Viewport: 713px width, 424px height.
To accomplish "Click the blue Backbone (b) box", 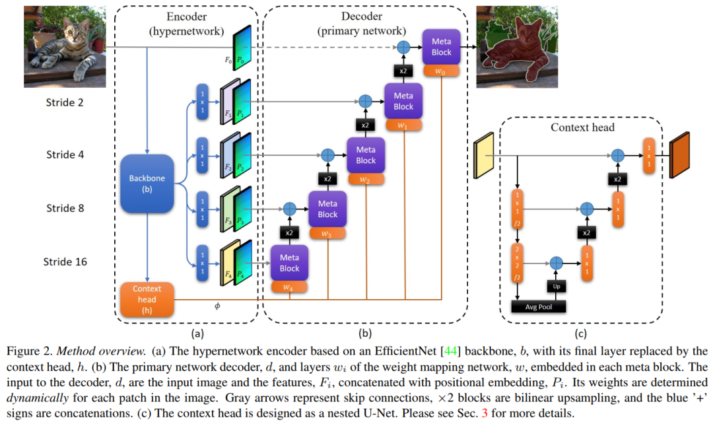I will coord(147,182).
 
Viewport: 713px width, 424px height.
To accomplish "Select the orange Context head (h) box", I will coord(147,299).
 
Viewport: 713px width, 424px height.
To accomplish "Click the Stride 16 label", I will coord(66,262).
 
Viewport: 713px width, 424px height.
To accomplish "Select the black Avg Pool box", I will coord(539,306).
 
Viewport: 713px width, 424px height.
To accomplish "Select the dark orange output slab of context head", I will coord(679,155).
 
